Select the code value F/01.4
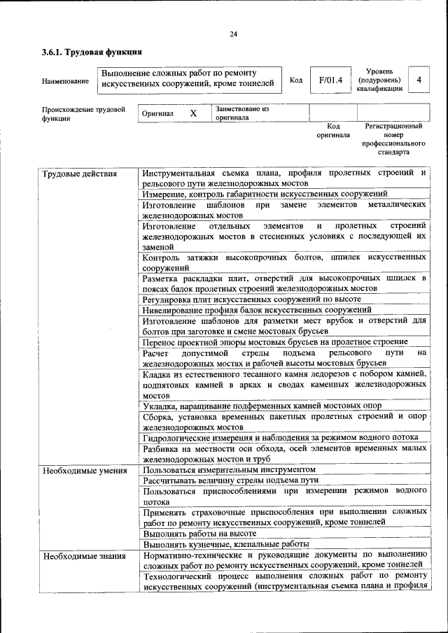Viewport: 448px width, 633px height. tap(330, 80)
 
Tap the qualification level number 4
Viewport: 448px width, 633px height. tap(419, 80)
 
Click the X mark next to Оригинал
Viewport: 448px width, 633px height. tap(194, 113)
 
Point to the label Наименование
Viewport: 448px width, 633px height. tap(66, 81)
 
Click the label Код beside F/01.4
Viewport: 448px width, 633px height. tap(296, 80)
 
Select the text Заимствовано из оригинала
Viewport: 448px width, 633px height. tap(242, 113)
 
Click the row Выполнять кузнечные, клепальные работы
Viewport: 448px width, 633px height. tap(225, 543)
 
